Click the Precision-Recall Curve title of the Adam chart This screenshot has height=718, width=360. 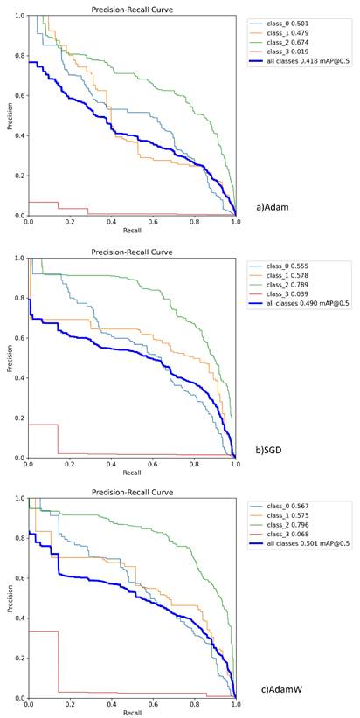point(132,10)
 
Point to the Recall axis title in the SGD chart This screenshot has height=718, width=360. point(132,472)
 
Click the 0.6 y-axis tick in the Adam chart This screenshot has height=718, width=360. point(19,96)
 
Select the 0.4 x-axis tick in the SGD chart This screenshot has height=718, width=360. point(111,464)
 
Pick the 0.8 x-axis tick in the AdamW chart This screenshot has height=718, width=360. point(194,704)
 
